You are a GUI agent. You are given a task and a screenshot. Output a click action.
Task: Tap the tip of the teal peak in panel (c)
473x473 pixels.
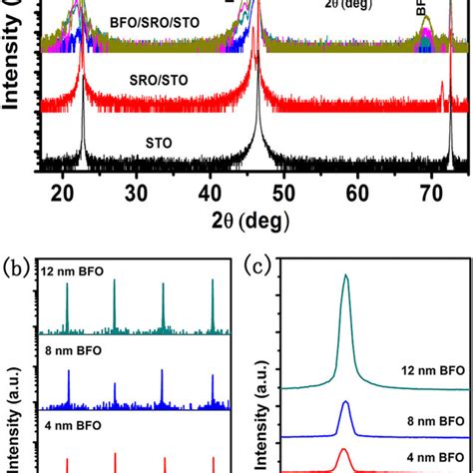click(x=345, y=275)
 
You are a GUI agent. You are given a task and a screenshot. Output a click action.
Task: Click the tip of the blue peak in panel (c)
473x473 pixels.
click(x=345, y=402)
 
